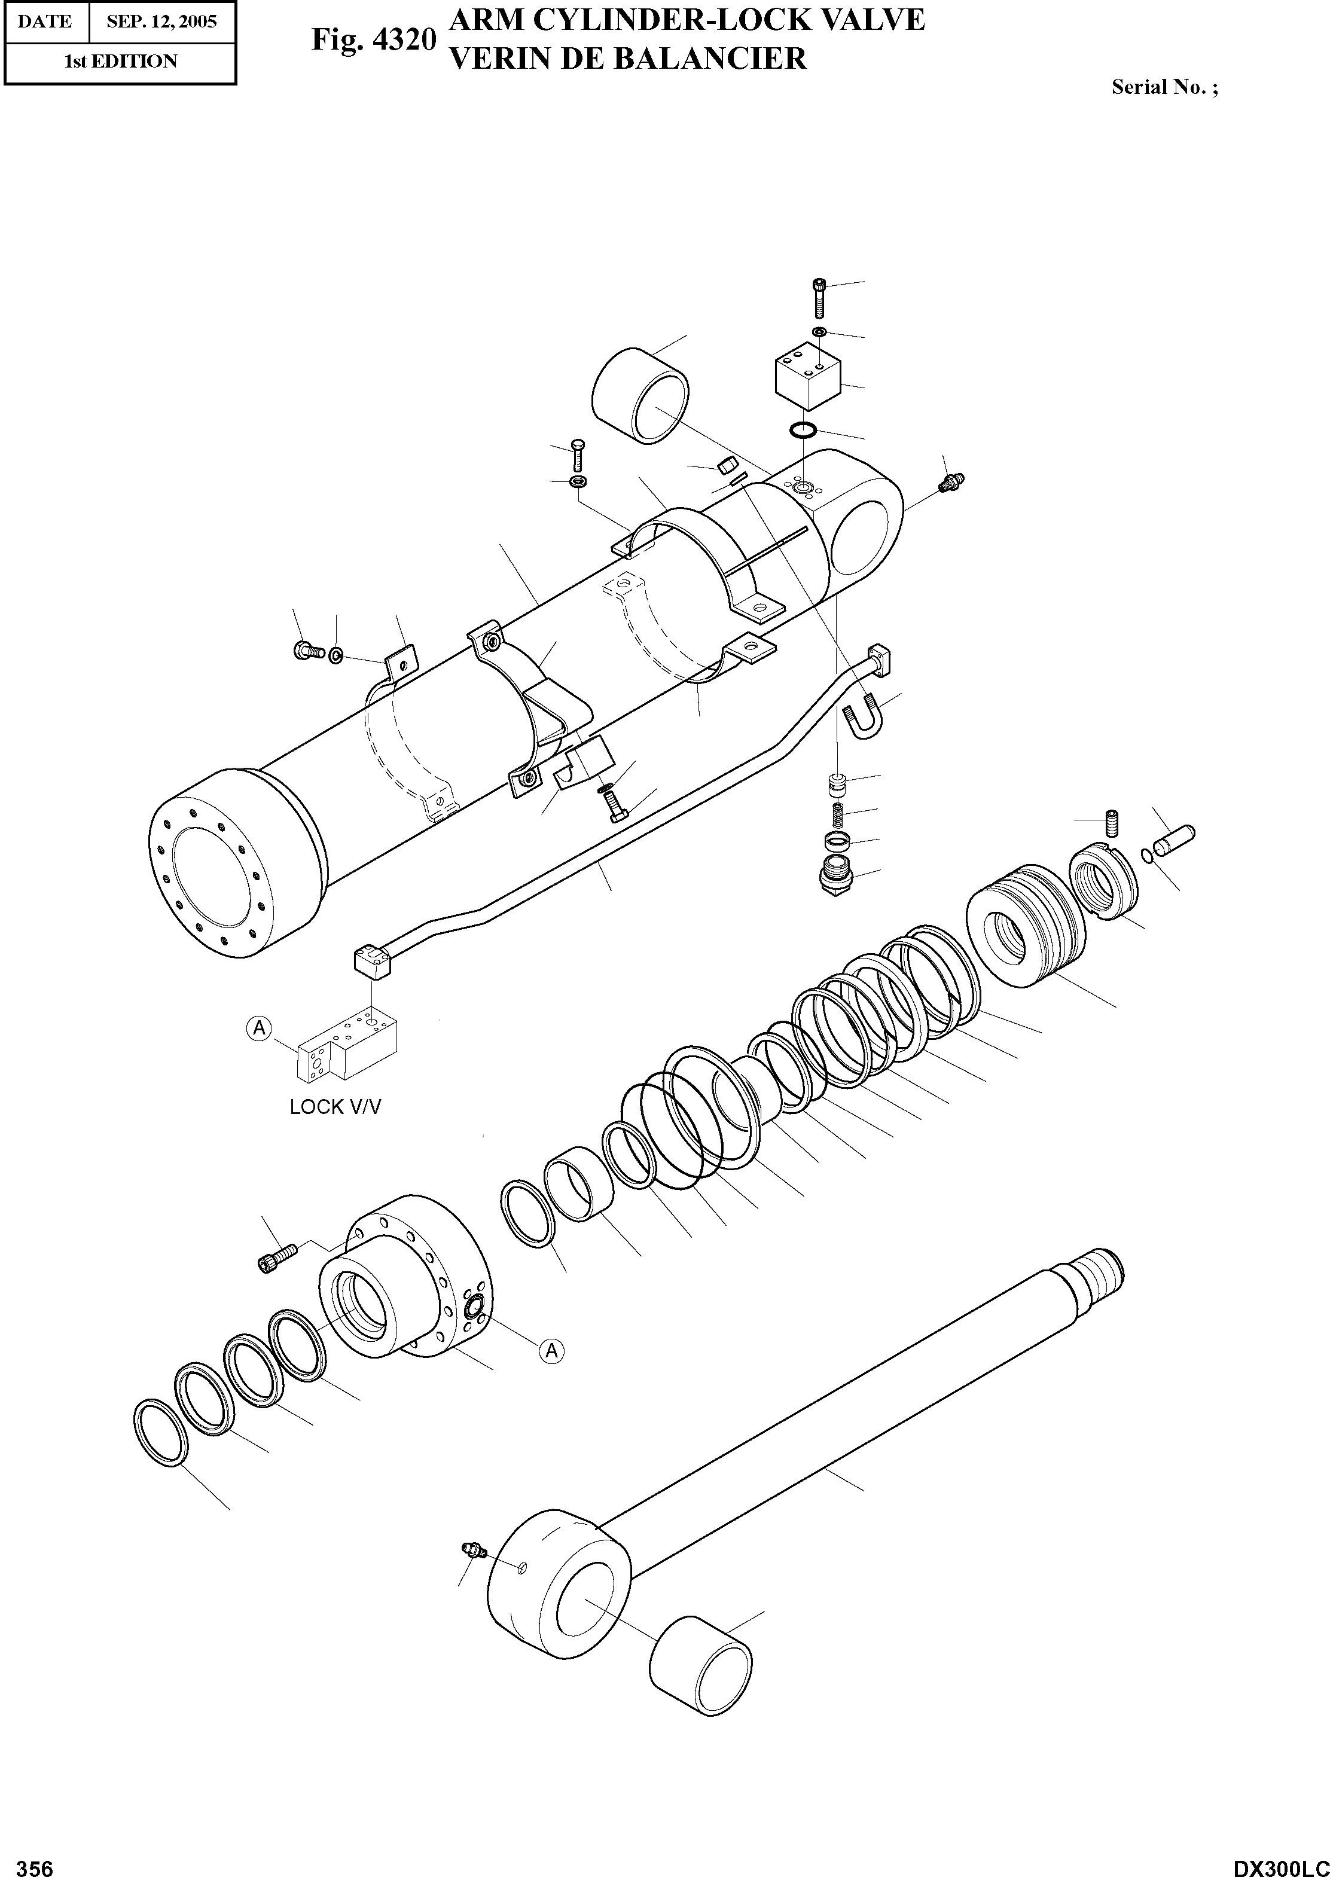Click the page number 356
click(35, 1862)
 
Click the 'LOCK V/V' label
click(335, 1107)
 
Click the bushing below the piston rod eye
click(700, 1654)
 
